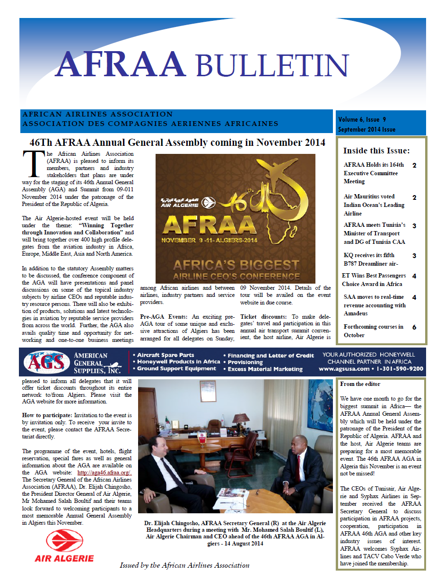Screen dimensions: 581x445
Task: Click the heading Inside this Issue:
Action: point(376,151)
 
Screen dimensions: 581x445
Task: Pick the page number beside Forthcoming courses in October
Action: point(414,327)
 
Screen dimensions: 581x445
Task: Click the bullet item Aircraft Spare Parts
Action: point(166,355)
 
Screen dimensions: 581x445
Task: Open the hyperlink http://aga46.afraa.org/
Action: point(104,472)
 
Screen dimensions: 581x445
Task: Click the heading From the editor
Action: point(360,384)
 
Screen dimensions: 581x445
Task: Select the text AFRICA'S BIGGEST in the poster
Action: point(235,265)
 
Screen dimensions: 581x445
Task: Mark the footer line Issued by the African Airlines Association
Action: point(184,565)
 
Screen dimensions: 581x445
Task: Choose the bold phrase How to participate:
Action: point(44,415)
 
